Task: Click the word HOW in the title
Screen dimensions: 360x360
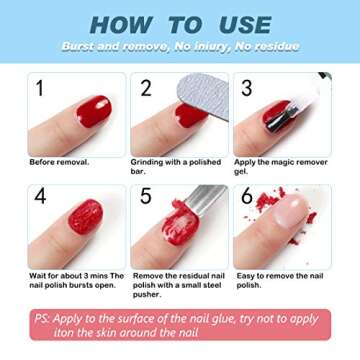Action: point(120,24)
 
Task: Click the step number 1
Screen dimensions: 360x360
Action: point(40,88)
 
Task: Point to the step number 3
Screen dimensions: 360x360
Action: point(246,88)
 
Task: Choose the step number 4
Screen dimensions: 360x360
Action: point(40,198)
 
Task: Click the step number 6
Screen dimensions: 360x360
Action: point(246,198)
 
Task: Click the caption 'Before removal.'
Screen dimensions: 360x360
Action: point(59,161)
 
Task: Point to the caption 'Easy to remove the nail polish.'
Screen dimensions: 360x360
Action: point(270,279)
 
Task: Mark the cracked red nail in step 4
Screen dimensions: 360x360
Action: point(86,218)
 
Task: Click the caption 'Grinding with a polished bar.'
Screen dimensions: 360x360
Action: point(166,165)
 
